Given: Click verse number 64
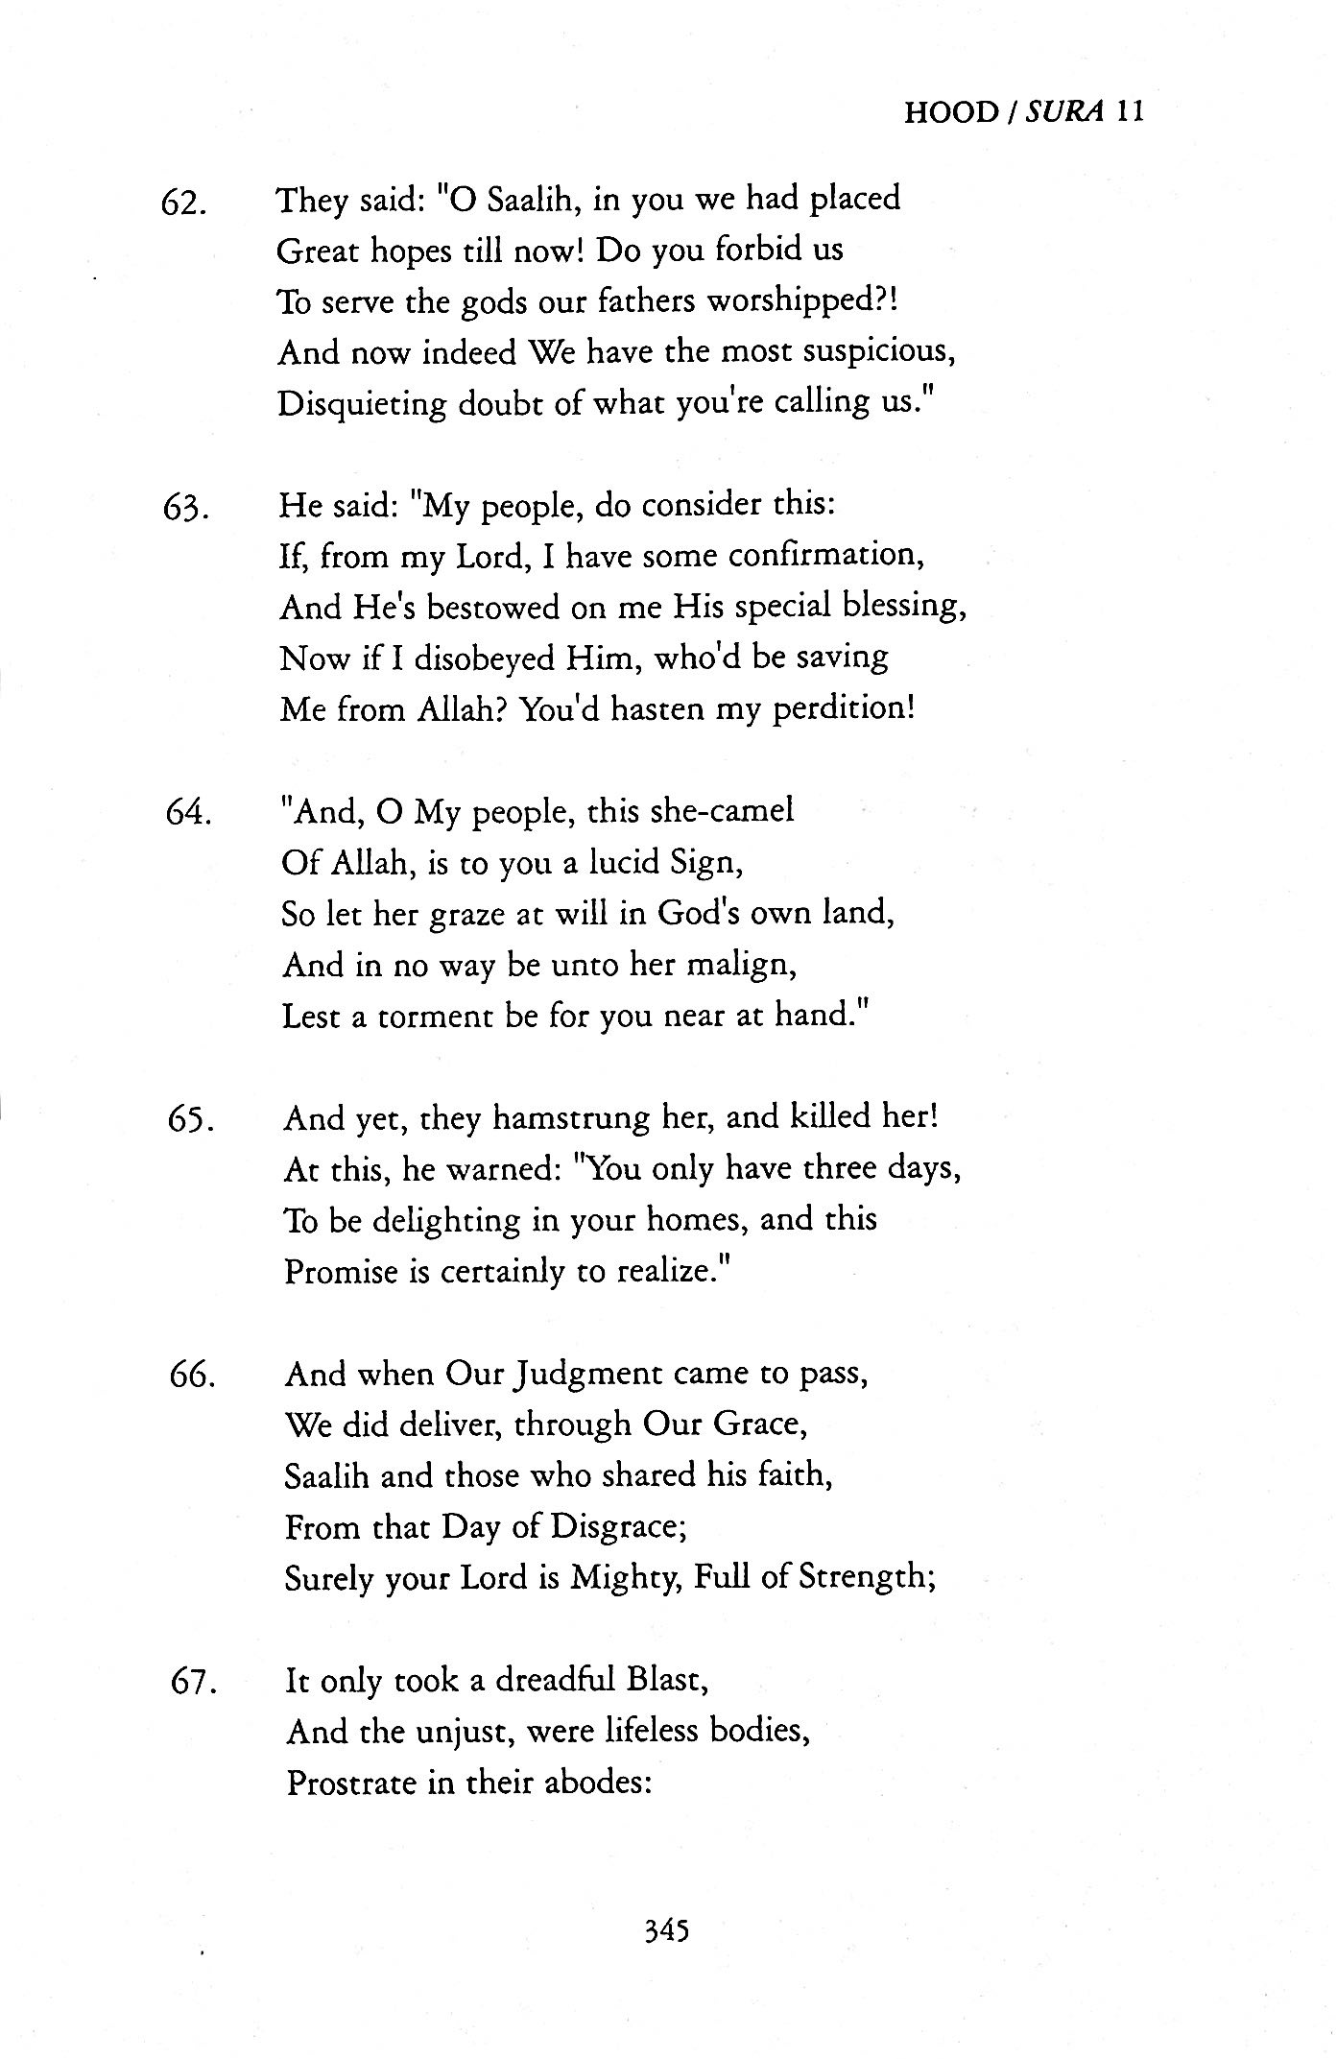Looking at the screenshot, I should [187, 816].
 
